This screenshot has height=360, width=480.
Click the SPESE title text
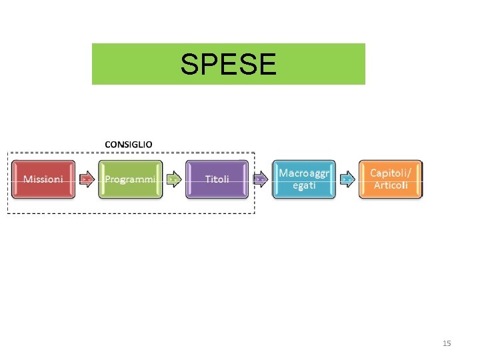[x=228, y=65]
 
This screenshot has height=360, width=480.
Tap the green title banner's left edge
[x=93, y=64]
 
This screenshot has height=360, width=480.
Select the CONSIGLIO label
[x=128, y=143]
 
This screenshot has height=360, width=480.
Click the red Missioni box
[x=44, y=179]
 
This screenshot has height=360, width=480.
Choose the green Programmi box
[x=130, y=179]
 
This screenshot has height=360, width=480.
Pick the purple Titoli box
[x=217, y=179]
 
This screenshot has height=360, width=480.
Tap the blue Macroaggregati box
[x=304, y=179]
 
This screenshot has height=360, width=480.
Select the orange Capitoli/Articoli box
[x=391, y=179]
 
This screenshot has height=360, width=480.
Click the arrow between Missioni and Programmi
[x=87, y=179]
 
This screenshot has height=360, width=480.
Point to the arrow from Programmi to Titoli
[x=173, y=179]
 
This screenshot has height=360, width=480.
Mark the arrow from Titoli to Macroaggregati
[x=261, y=179]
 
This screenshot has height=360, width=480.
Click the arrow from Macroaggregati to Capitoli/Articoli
[x=347, y=179]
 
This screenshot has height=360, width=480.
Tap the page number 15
[x=447, y=343]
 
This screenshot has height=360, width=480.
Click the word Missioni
[x=44, y=179]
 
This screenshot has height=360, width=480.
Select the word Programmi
[x=130, y=179]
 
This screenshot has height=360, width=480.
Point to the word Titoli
[x=217, y=179]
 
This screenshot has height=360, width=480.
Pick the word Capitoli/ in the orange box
[x=391, y=173]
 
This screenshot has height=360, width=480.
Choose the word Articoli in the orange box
[x=391, y=185]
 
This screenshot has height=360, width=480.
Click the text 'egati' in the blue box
[x=304, y=185]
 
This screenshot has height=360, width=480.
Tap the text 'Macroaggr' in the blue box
[x=304, y=173]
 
